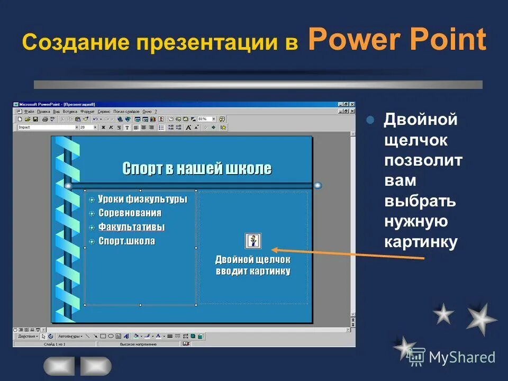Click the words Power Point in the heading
pos(396,40)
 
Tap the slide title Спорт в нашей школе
pos(197,169)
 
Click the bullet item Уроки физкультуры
pos(142,199)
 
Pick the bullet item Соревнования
pos(130,213)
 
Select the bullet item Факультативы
pos(132,227)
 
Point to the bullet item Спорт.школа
pos(126,241)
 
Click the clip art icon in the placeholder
pos(253,241)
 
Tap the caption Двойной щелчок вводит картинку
pos(253,266)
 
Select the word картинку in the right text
pos(420,242)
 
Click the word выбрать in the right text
pos(420,202)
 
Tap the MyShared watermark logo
pos(453,358)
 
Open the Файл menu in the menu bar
pos(29,112)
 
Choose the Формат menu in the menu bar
pos(88,112)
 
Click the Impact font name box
pos(47,128)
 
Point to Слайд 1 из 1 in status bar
pos(55,344)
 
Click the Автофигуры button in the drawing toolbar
pos(68,336)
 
